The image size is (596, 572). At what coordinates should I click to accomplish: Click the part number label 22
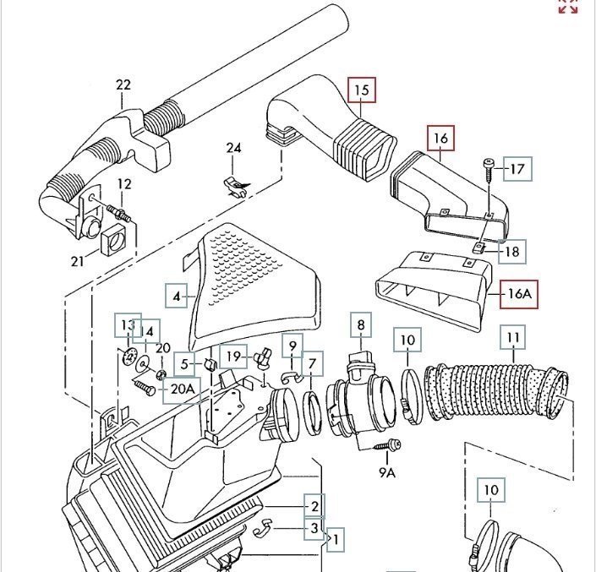tap(123, 84)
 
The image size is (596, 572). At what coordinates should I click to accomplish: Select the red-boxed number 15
tap(362, 90)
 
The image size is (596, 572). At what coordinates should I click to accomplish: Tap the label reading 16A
tap(517, 295)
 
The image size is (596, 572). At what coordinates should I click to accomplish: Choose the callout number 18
tap(512, 251)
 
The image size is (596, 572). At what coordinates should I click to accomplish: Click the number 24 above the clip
tap(233, 148)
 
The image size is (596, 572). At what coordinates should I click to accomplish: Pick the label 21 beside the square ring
tap(78, 261)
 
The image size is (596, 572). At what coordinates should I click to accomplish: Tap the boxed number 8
tap(360, 324)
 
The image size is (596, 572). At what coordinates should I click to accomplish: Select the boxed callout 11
tap(513, 338)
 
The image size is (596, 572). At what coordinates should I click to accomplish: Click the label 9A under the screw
tap(386, 472)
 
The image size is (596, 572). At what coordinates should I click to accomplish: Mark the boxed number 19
tap(233, 357)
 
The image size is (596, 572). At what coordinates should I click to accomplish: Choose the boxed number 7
tap(312, 364)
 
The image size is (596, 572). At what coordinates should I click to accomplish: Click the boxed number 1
tap(336, 538)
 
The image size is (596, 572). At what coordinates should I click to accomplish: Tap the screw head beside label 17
tap(489, 162)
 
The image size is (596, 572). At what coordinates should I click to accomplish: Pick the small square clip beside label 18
tap(479, 248)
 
